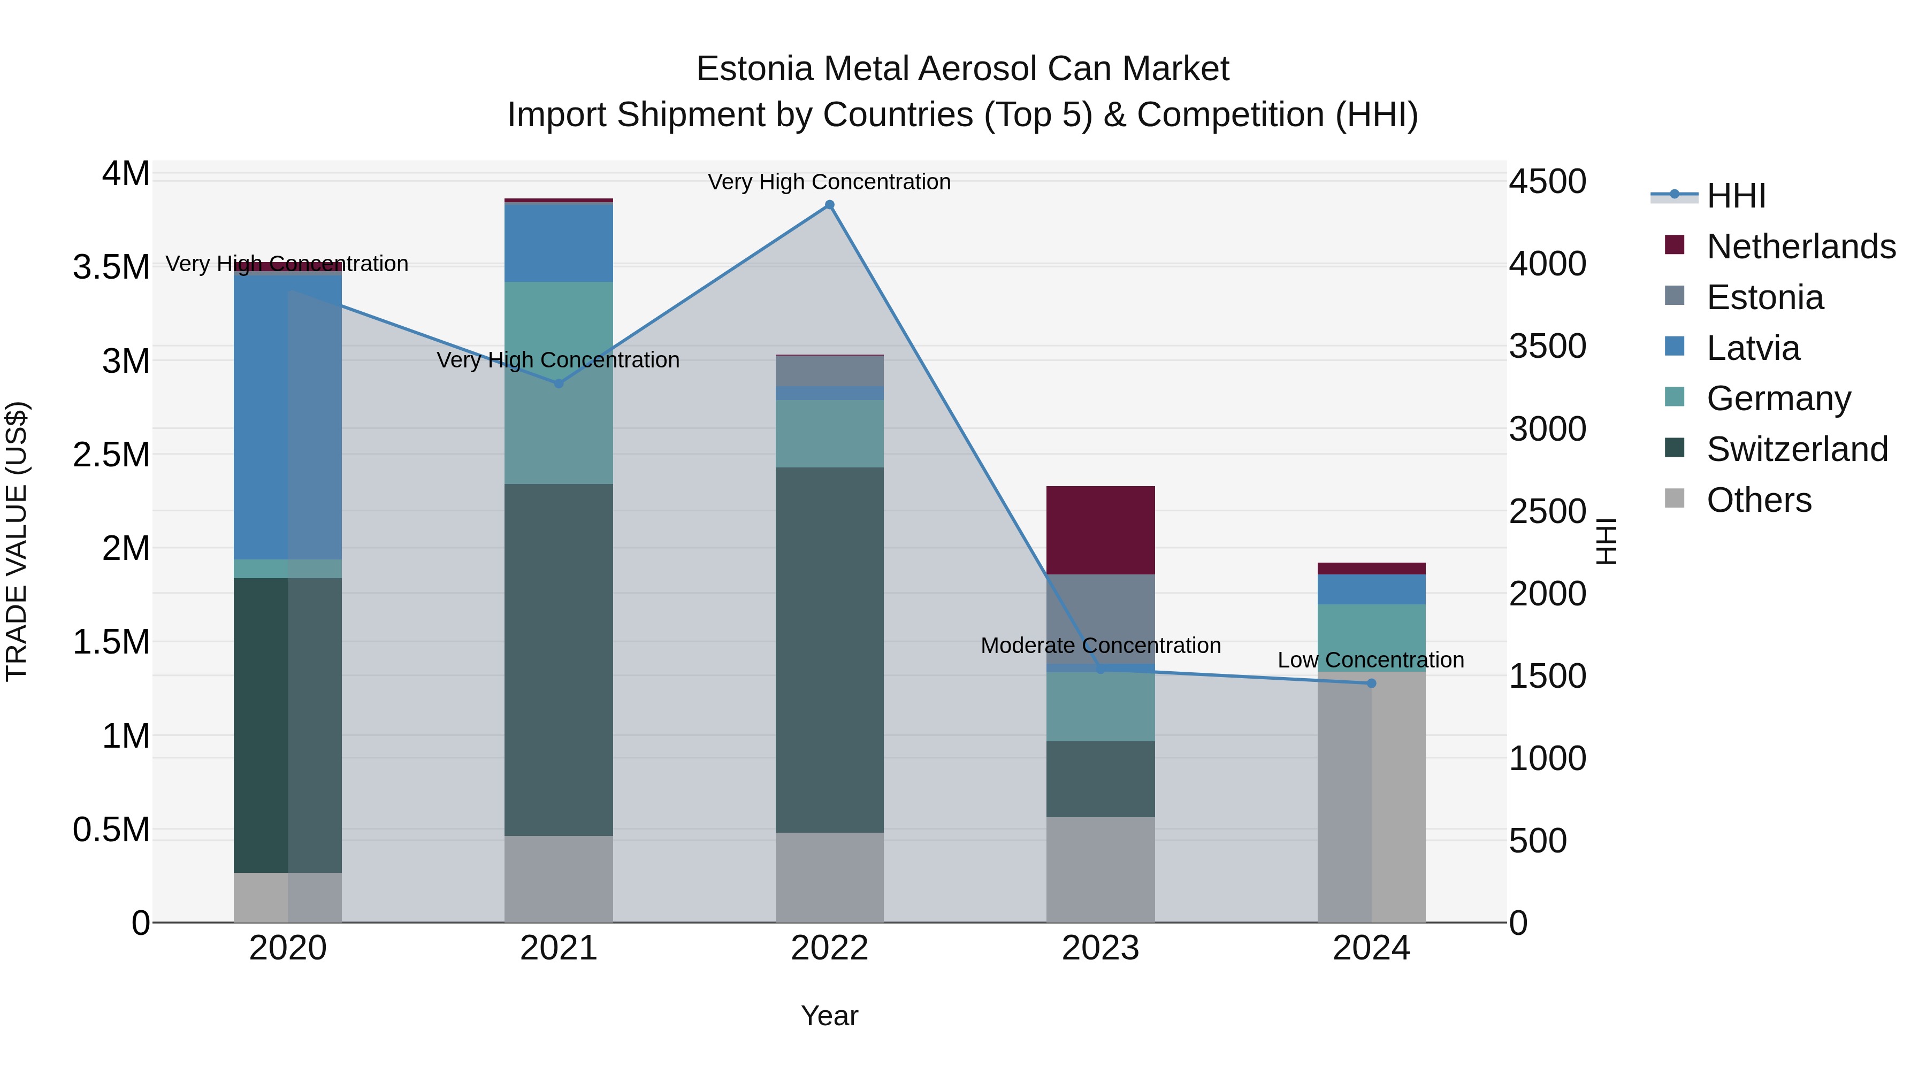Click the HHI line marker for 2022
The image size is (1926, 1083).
pyautogui.click(x=829, y=205)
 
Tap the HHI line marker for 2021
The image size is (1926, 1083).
pyautogui.click(x=559, y=383)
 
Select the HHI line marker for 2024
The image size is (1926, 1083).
pyautogui.click(x=1371, y=683)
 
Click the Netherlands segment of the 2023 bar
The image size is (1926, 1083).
pyautogui.click(x=1100, y=530)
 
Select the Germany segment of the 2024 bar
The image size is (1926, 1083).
pyautogui.click(x=1371, y=637)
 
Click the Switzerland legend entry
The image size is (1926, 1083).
pyautogui.click(x=1797, y=449)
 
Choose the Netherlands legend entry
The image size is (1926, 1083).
pyautogui.click(x=1800, y=247)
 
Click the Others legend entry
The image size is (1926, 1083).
pyautogui.click(x=1759, y=500)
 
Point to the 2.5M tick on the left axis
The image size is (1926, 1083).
pyautogui.click(x=111, y=455)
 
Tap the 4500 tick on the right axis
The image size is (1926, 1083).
pyautogui.click(x=1547, y=182)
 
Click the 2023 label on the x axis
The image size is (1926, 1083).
pyautogui.click(x=1100, y=948)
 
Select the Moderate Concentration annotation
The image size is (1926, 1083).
pyautogui.click(x=1100, y=645)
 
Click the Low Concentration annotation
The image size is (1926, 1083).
pyautogui.click(x=1371, y=660)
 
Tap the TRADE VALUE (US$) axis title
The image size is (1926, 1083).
pyautogui.click(x=17, y=541)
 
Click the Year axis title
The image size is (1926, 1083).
pyautogui.click(x=829, y=1016)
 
